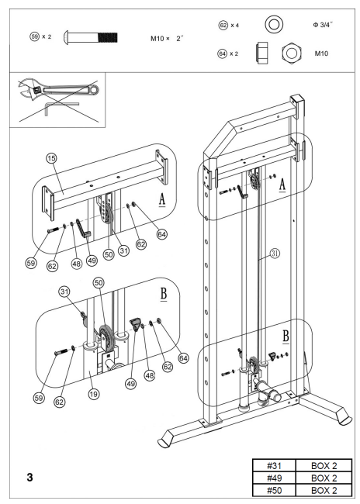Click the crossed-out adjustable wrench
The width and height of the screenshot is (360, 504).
click(54, 92)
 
